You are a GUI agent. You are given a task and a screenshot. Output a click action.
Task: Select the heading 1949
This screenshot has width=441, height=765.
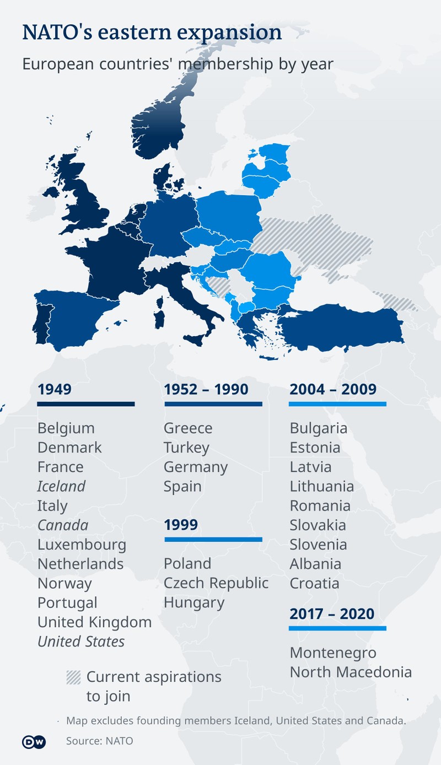[55, 389]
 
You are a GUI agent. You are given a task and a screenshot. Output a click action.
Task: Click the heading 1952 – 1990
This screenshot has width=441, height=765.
[206, 389]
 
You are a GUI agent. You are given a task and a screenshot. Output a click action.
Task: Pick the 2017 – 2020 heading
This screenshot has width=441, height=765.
[332, 613]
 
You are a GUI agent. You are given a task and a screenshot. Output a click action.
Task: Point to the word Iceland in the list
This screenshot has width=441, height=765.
[61, 486]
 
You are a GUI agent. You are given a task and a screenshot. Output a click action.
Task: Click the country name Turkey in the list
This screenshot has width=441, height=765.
[186, 448]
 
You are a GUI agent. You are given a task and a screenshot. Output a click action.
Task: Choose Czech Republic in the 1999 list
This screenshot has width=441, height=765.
[216, 583]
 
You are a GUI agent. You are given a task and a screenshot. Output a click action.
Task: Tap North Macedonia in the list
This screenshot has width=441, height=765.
[351, 672]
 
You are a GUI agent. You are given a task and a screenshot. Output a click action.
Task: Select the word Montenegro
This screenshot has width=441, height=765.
[333, 653]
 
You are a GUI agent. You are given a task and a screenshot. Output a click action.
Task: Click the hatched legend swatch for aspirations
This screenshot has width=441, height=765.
[73, 677]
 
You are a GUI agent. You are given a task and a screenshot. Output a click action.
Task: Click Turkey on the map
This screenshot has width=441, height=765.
[342, 328]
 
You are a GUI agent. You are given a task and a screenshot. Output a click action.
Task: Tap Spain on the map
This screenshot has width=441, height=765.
[77, 317]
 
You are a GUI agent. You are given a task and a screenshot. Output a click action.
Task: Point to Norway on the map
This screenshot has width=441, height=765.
[160, 130]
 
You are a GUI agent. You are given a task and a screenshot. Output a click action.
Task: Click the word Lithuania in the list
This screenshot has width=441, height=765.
[322, 486]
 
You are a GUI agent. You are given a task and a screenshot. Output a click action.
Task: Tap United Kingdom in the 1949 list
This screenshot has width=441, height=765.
[94, 622]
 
